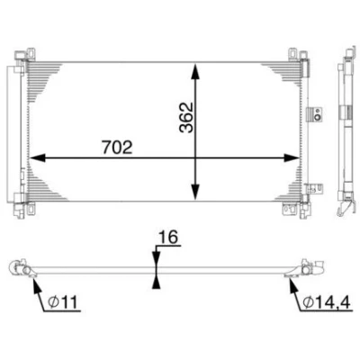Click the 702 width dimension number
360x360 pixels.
coord(117,148)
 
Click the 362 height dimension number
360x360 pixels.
coord(186,117)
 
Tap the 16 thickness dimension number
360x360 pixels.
coord(168,238)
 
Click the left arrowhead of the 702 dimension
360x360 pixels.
coord(37,157)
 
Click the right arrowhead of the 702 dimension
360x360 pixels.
coord(292,157)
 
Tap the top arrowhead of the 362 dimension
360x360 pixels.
coord(195,71)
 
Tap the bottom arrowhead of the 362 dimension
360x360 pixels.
coord(195,192)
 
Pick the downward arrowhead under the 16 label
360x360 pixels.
coord(156,257)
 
